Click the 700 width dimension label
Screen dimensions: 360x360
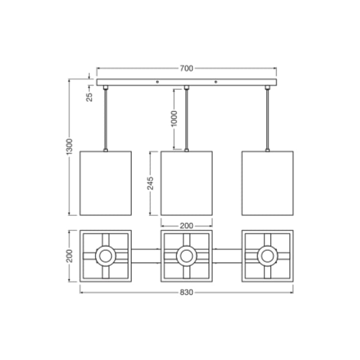186,69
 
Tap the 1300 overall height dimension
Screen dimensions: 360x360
70,146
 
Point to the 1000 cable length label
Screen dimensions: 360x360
174,119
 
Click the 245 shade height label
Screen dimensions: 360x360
151,183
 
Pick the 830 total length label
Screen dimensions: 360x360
186,292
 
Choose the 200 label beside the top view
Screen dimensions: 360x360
70,255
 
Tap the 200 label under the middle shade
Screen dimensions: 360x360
186,226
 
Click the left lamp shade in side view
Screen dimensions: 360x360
105,183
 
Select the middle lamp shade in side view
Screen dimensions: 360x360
186,183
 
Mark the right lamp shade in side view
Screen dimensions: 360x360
267,183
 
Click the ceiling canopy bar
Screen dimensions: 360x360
186,82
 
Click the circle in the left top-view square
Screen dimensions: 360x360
105,255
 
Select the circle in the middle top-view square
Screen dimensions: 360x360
186,255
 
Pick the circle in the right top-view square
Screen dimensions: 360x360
267,255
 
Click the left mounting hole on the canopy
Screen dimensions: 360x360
157,82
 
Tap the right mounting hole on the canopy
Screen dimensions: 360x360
216,82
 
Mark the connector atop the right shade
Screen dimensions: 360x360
267,150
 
